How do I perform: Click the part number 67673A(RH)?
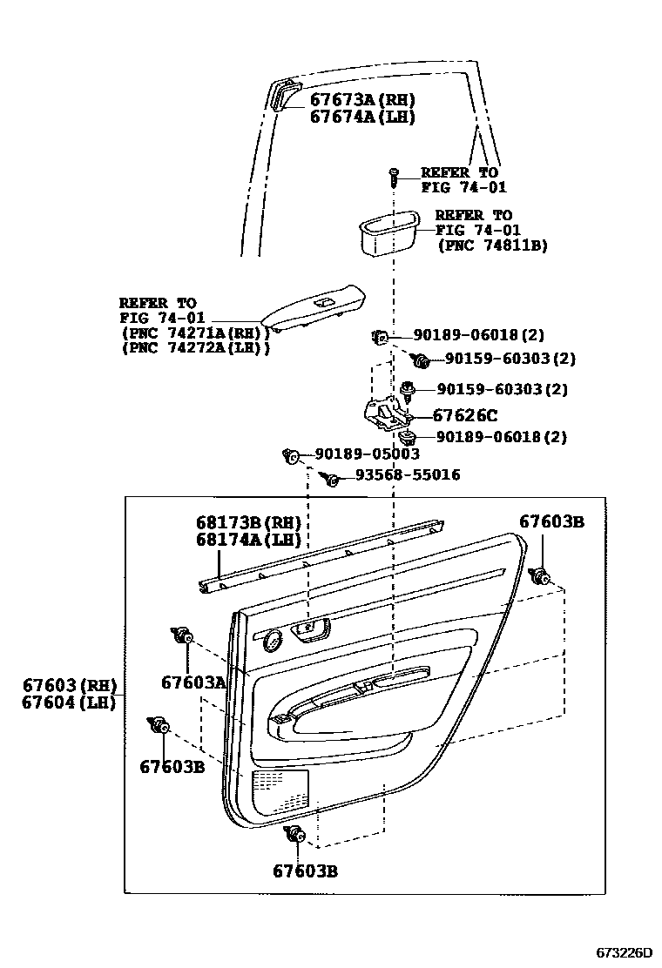click(362, 99)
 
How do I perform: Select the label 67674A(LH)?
click(362, 117)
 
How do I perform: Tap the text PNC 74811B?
click(492, 246)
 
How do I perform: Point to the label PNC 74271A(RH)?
click(194, 333)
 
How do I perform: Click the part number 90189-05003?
click(367, 454)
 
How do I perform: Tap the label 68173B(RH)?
click(247, 523)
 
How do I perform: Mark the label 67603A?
click(193, 682)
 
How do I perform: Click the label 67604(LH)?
click(70, 702)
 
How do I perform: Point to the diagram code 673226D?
click(624, 952)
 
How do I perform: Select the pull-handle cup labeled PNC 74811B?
click(388, 232)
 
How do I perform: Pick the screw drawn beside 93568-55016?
click(330, 477)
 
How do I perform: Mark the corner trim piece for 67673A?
click(285, 95)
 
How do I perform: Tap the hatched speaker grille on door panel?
click(280, 793)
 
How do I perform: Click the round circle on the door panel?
click(271, 642)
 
